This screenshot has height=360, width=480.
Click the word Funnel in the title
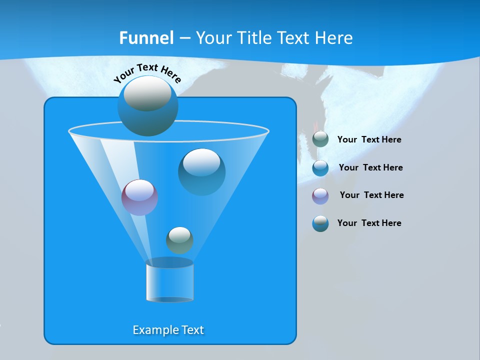(146, 38)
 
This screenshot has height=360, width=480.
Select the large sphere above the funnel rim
(147, 106)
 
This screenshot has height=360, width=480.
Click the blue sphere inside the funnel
(201, 171)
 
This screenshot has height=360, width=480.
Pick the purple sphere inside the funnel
(139, 197)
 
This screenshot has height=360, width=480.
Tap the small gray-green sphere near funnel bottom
(179, 240)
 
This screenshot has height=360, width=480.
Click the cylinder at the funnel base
(169, 280)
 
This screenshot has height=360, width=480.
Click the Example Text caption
(168, 330)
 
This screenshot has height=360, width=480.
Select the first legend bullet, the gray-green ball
(320, 139)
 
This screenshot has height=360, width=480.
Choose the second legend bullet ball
(320, 168)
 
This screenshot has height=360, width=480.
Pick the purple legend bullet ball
(320, 195)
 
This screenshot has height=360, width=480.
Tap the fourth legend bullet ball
(320, 223)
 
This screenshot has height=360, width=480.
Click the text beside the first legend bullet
(369, 139)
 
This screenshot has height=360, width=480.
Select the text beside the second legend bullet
(370, 167)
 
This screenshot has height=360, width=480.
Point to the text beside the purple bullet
(371, 195)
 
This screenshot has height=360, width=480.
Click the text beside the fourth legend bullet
(369, 223)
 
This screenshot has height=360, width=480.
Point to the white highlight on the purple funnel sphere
(139, 190)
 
